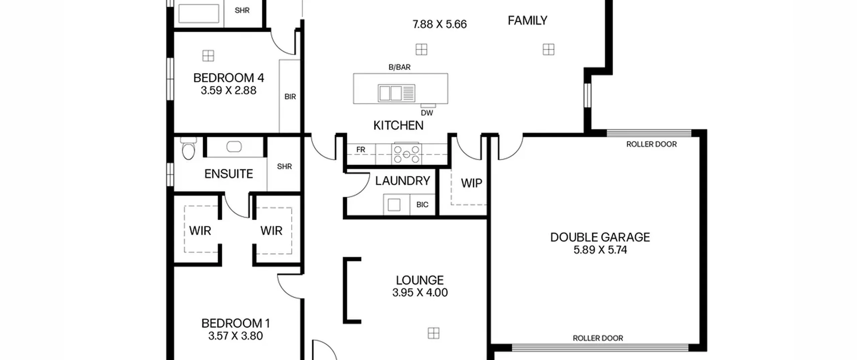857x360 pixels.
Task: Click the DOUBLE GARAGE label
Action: [x=600, y=237]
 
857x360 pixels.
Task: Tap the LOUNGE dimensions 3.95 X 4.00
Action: [x=420, y=292]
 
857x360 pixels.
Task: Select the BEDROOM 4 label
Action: [x=229, y=78]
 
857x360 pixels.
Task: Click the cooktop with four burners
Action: [x=406, y=154]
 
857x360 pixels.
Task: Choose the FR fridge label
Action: [x=361, y=150]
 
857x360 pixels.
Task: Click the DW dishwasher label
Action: [x=427, y=113]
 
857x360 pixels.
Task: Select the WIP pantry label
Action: [x=471, y=183]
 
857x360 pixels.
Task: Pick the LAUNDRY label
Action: [x=402, y=181]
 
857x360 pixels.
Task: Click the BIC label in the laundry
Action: [x=422, y=205]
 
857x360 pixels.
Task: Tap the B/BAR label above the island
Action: [x=399, y=67]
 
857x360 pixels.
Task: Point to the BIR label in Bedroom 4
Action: [x=290, y=97]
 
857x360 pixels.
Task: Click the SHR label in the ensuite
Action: [x=284, y=166]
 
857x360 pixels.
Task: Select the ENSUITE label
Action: [x=229, y=174]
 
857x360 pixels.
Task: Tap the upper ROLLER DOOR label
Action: [x=651, y=144]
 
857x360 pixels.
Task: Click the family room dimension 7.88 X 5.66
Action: [x=440, y=24]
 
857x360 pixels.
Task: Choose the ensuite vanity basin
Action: [x=234, y=146]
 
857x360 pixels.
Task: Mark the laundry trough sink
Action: [x=394, y=205]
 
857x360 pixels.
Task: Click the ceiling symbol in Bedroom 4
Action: [x=208, y=56]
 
